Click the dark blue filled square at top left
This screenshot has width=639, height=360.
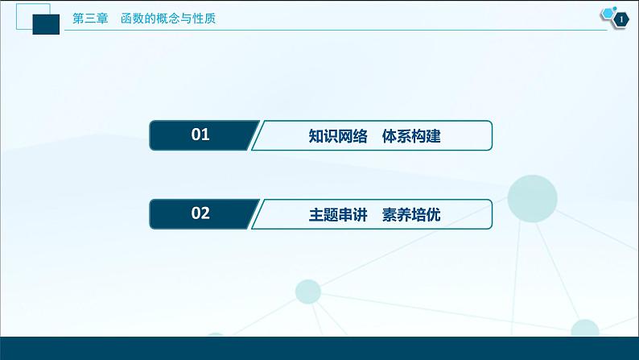48,24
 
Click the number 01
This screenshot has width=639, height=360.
200,135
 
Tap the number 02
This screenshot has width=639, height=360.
200,213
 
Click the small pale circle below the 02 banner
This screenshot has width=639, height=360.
307,291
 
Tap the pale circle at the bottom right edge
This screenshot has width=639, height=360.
585,330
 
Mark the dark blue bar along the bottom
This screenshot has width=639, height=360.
319,349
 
